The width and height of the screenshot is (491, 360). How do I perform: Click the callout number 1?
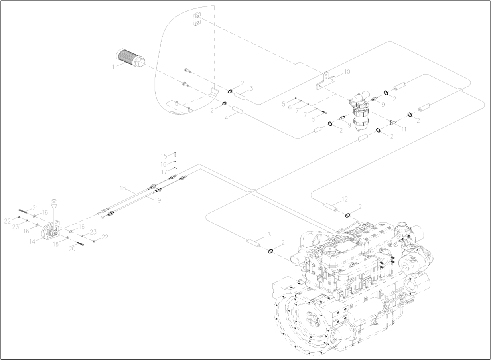pos(113,67)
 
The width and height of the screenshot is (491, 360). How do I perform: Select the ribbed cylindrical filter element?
pos(130,59)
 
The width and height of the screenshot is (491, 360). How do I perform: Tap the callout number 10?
pos(347,72)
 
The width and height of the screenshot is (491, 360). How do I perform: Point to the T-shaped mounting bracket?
pos(324,81)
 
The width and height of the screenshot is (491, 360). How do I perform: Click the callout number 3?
pos(252,88)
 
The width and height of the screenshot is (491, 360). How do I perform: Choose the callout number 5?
pos(284,104)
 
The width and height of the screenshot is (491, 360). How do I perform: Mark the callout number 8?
pos(313,119)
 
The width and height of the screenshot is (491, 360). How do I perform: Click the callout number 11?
pos(404,129)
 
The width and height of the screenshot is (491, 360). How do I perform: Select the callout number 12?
pos(345,199)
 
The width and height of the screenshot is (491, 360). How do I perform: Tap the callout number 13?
pos(268,234)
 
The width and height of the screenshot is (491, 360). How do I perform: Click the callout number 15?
pos(164,156)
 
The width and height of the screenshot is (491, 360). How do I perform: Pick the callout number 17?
pos(164,172)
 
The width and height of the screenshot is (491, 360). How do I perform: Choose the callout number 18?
pos(122,187)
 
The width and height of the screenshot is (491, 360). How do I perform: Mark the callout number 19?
pos(158,200)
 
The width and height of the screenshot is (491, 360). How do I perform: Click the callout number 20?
pos(72,248)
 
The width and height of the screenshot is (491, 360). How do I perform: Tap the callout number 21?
pos(35,208)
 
